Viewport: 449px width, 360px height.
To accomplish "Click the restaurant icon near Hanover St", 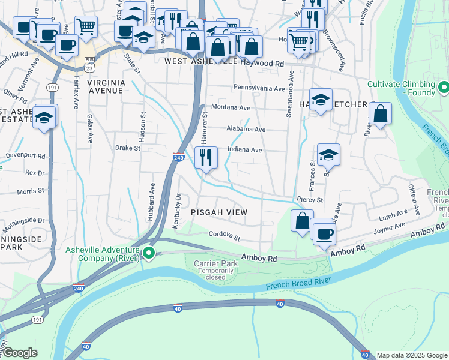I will pos(206,158).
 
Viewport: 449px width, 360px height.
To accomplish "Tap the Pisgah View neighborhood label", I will pos(219,212).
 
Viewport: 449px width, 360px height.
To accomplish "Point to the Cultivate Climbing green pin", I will pos(444,89).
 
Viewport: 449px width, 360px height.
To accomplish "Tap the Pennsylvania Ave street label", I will pos(259,89).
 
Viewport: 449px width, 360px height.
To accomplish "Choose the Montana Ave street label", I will pos(231,107).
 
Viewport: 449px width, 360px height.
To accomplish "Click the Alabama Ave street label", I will pos(246,129).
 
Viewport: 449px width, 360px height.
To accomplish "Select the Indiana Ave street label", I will pos(245,150).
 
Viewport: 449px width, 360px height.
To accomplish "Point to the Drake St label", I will pos(127,147).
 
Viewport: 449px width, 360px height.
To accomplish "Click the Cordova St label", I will pos(224,236).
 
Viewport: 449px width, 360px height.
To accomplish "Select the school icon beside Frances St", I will pos(328,155).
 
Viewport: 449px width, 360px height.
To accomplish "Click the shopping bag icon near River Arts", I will pos(381,115).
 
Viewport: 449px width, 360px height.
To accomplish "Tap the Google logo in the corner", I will pos(20,353).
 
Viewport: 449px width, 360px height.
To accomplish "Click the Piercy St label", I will pos(310,199).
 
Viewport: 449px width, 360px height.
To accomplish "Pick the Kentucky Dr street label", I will pos(176,211).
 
